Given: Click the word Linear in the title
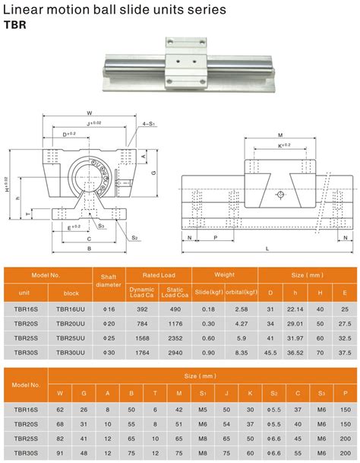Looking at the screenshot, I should click(22, 9).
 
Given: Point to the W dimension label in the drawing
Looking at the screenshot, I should click(90, 116).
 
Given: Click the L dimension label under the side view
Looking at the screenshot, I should click(267, 249).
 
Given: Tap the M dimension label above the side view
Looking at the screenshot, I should click(280, 135).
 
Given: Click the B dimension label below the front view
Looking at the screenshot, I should click(90, 248).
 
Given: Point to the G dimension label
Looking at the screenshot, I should click(154, 173).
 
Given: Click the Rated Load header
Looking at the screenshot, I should click(159, 274).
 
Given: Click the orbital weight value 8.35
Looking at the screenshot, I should click(242, 352).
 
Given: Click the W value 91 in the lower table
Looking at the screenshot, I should click(61, 454).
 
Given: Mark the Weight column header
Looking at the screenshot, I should click(223, 274).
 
